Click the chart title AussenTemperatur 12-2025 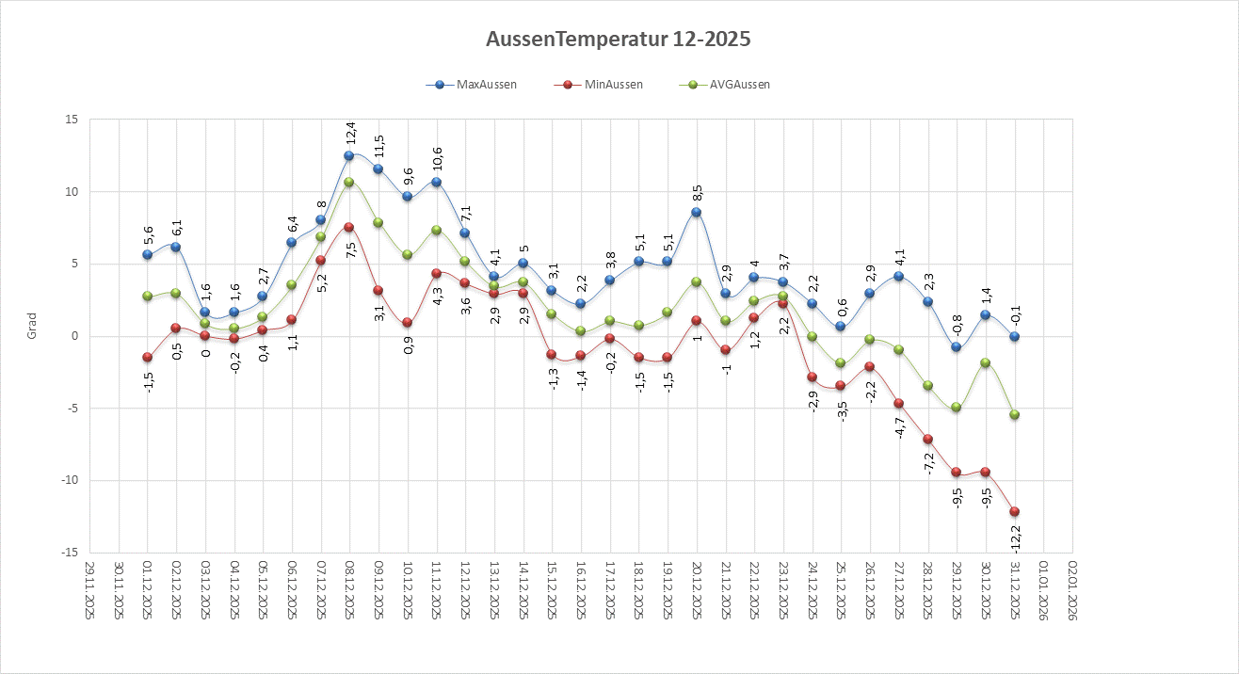click(619, 40)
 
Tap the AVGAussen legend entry click(738, 85)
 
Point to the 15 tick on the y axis click(72, 120)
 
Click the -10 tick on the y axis click(68, 480)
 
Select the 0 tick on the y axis click(74, 336)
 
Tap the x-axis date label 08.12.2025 click(349, 590)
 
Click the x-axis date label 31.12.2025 click(1015, 590)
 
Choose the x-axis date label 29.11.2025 click(89, 590)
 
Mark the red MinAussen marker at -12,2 click(1014, 511)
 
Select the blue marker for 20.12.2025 click(696, 213)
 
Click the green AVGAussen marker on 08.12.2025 click(349, 182)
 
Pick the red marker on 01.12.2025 click(147, 357)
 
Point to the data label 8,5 click(697, 194)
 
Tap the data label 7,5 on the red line click(350, 249)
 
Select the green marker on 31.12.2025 click(1014, 414)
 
